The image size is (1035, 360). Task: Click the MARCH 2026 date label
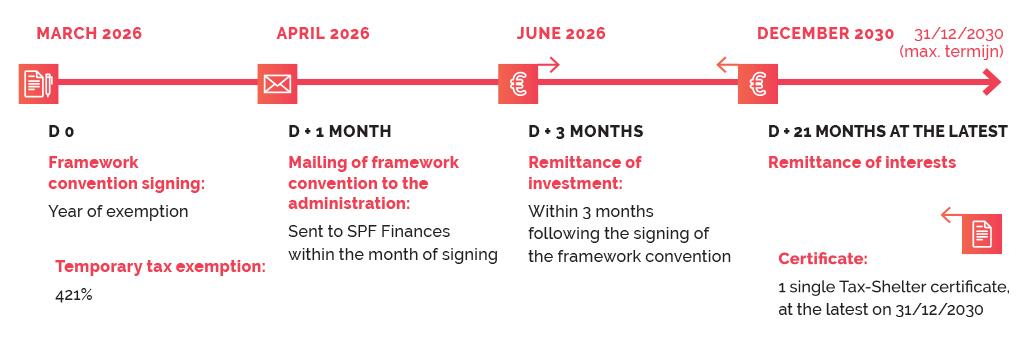89,34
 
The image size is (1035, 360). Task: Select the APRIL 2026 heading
323,34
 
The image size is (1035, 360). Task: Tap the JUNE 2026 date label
561,34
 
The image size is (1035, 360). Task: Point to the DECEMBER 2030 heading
825,34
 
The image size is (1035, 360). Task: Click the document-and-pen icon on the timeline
39,84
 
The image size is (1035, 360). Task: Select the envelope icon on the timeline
277,84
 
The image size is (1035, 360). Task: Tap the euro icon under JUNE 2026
518,84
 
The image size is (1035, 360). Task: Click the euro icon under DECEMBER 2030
758,84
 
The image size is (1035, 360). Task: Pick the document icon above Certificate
982,234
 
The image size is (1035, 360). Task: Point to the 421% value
74,295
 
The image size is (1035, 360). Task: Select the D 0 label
61,131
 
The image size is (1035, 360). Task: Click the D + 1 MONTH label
340,131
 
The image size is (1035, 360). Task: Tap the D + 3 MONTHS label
585,131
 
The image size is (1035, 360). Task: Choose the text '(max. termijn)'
951,51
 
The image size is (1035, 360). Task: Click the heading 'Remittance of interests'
862,162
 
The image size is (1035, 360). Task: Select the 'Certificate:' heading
823,258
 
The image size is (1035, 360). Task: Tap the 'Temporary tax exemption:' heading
160,267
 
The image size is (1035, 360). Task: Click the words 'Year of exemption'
118,212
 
